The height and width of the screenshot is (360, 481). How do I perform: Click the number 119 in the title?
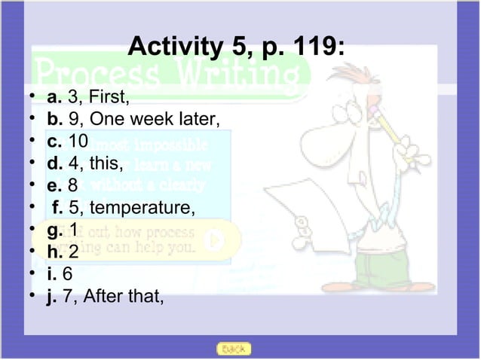[318, 49]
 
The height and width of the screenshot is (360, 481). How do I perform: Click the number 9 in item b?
[73, 119]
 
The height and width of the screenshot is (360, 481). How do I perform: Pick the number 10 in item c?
[78, 141]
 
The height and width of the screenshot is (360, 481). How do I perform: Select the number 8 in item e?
[73, 185]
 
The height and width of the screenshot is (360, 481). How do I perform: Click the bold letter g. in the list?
[55, 228]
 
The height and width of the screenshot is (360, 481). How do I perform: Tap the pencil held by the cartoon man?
[392, 136]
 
